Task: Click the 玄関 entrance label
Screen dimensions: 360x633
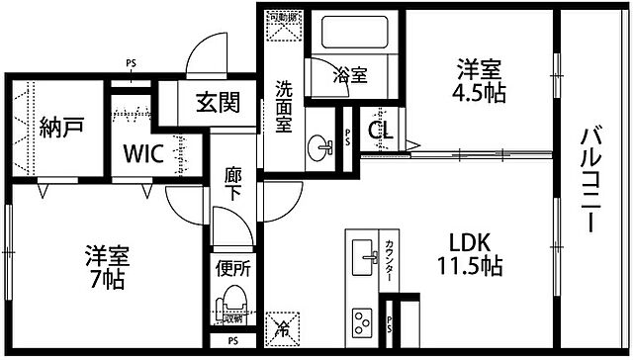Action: [x=216, y=102]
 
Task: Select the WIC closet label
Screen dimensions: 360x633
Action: [x=142, y=153]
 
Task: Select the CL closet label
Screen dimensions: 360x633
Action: [x=381, y=129]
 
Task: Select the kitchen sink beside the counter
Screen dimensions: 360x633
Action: [x=363, y=259]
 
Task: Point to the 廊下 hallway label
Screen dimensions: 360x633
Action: [x=233, y=182]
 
